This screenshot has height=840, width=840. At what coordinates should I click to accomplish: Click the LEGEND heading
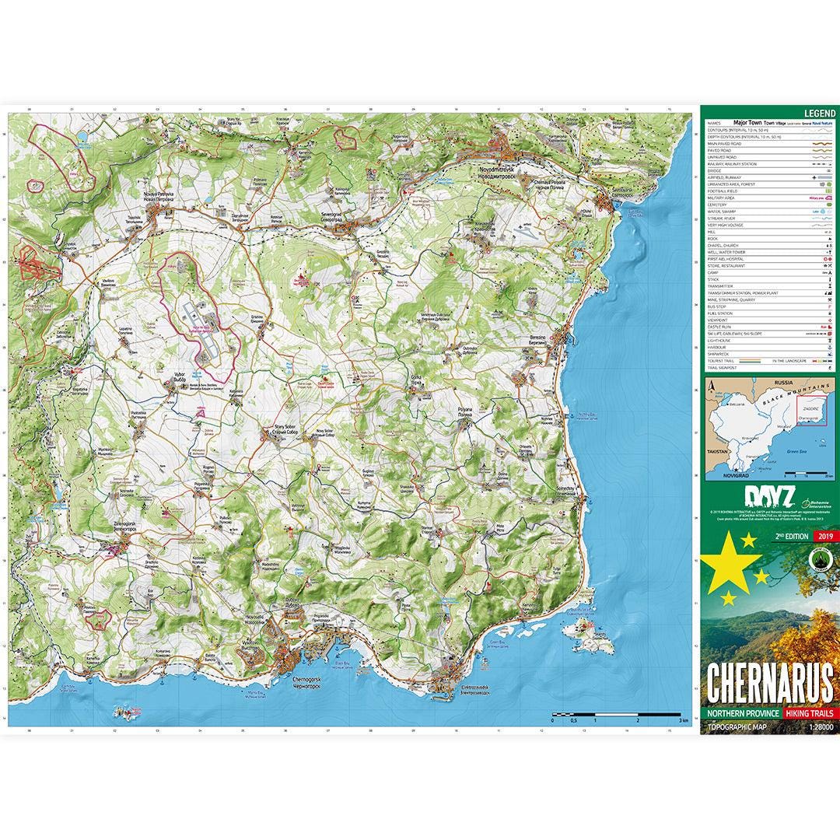click(817, 113)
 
